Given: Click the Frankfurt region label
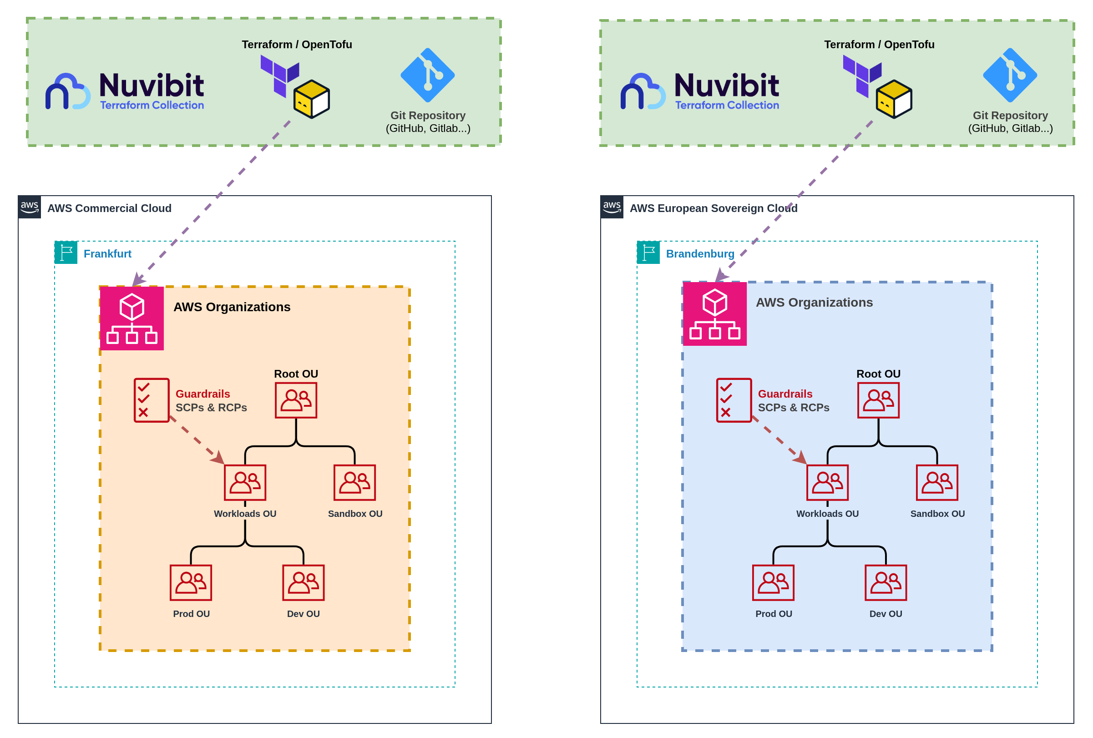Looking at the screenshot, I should (x=107, y=254).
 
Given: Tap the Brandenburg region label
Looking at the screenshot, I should (x=700, y=254).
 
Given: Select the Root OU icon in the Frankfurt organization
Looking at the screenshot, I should (x=296, y=400).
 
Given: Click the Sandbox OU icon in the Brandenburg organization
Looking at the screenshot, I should (x=937, y=483).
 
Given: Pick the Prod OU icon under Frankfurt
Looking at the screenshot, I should (x=191, y=583).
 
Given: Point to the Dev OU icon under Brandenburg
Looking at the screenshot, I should (x=886, y=583).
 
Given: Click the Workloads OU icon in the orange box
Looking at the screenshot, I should (x=245, y=483).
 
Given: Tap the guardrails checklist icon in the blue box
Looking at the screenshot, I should (x=734, y=400).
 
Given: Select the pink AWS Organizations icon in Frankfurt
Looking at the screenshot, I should (x=132, y=318).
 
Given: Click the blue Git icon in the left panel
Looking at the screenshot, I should (x=428, y=75).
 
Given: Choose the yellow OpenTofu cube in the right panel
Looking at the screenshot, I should (x=894, y=99).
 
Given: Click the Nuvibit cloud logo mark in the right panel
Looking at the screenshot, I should (x=643, y=92).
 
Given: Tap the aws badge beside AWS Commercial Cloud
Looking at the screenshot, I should (x=30, y=207).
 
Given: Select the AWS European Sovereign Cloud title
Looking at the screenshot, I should (x=713, y=208).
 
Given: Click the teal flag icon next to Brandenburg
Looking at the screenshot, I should (x=648, y=253).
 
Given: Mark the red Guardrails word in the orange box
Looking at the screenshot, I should (x=202, y=394).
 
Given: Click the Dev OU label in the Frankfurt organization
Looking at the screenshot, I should (x=304, y=614).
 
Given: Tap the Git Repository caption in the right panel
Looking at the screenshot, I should (x=1010, y=116).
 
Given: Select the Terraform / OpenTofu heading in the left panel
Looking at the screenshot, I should (x=297, y=45).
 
